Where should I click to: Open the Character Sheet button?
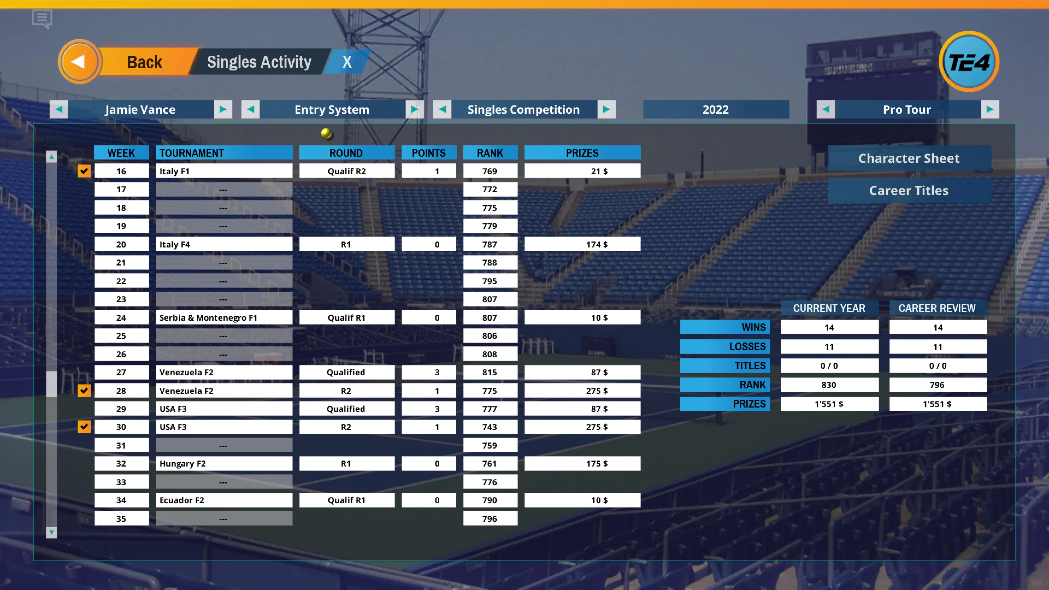pyautogui.click(x=909, y=158)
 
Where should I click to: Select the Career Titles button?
pyautogui.click(x=909, y=191)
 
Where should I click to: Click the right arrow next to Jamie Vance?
pyautogui.click(x=223, y=109)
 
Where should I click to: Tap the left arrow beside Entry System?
pyautogui.click(x=251, y=109)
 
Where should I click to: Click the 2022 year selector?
pyautogui.click(x=715, y=109)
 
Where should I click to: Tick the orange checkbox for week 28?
pyautogui.click(x=84, y=391)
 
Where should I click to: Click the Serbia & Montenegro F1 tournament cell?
pyautogui.click(x=223, y=318)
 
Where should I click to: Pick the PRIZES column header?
pyautogui.click(x=582, y=153)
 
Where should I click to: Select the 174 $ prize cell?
pyautogui.click(x=582, y=244)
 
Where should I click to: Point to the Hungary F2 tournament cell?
pyautogui.click(x=223, y=463)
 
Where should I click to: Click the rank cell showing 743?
pyautogui.click(x=490, y=427)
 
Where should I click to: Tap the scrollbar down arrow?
pyautogui.click(x=51, y=532)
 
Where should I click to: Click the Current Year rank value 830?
pyautogui.click(x=829, y=385)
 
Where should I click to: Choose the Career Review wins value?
pyautogui.click(x=938, y=328)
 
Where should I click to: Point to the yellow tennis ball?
pyautogui.click(x=326, y=133)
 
